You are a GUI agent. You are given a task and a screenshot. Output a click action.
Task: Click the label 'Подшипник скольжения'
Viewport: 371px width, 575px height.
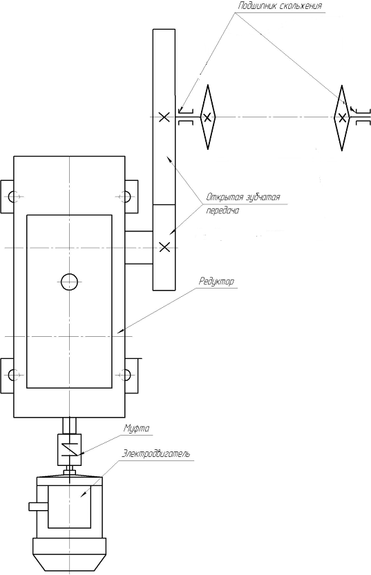point(280,6)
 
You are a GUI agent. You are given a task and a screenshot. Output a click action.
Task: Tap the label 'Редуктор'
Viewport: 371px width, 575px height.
point(216,281)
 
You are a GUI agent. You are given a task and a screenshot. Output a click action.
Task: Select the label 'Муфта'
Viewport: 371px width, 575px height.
point(136,428)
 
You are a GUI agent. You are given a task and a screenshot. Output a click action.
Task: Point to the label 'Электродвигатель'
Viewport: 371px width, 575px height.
point(156,454)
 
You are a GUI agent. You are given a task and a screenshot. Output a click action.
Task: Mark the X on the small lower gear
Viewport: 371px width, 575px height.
point(164,248)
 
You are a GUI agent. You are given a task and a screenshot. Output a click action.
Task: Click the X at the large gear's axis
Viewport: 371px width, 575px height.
point(164,117)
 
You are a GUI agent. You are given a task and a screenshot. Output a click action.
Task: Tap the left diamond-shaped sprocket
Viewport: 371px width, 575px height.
point(208,117)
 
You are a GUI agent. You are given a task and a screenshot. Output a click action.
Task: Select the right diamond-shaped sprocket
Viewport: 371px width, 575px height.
point(342,117)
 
